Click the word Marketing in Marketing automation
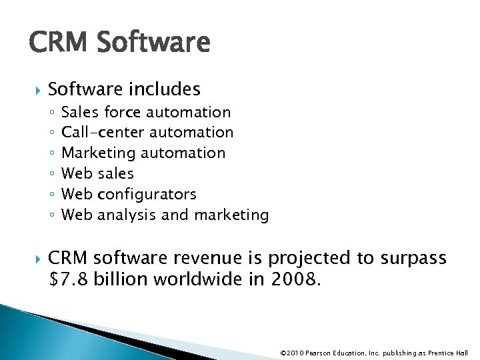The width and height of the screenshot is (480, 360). (x=99, y=153)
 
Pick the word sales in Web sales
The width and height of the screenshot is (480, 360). (x=115, y=174)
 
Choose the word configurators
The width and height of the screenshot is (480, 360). (x=147, y=195)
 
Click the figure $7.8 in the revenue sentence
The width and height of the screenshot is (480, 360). (x=69, y=279)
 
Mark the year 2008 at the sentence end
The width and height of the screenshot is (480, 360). (x=296, y=279)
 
